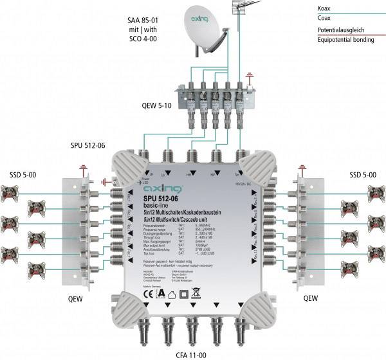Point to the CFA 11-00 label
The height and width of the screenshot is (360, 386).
pyautogui.click(x=193, y=352)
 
